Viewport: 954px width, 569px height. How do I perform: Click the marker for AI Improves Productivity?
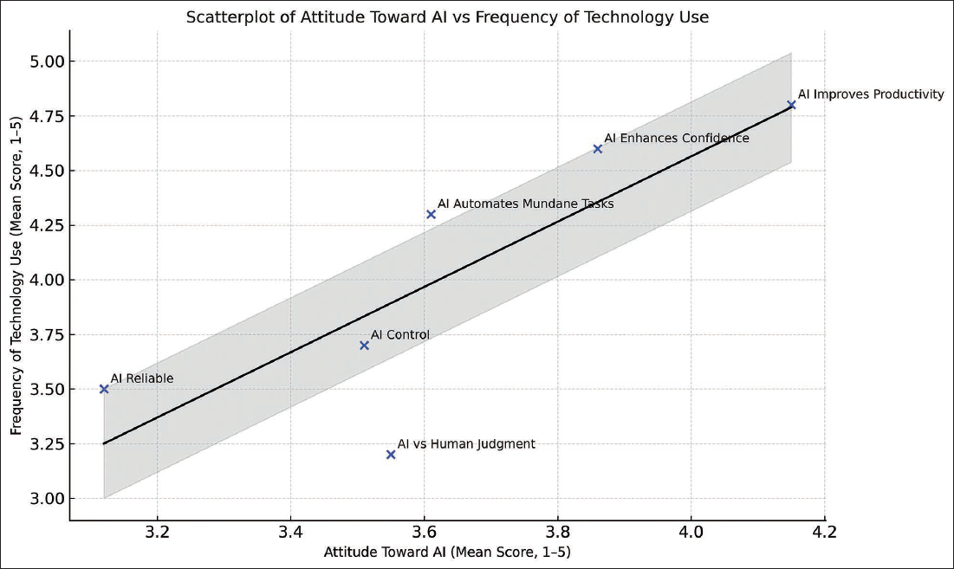[791, 105]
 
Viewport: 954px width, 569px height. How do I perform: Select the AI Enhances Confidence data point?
[597, 149]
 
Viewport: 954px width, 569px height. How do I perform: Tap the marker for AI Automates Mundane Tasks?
[432, 214]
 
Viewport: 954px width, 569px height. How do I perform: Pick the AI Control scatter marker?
[364, 346]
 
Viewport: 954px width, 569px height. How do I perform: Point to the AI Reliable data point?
[104, 389]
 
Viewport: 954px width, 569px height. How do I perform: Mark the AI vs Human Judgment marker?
[391, 455]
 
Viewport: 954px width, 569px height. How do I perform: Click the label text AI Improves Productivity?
[870, 94]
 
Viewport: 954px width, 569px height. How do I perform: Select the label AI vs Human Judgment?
[466, 444]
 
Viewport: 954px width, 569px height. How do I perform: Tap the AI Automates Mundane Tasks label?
[525, 204]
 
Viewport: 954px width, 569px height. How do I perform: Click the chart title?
[447, 17]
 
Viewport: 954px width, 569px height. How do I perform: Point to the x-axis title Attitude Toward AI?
[447, 552]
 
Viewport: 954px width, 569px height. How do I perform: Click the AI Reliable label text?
[142, 378]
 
